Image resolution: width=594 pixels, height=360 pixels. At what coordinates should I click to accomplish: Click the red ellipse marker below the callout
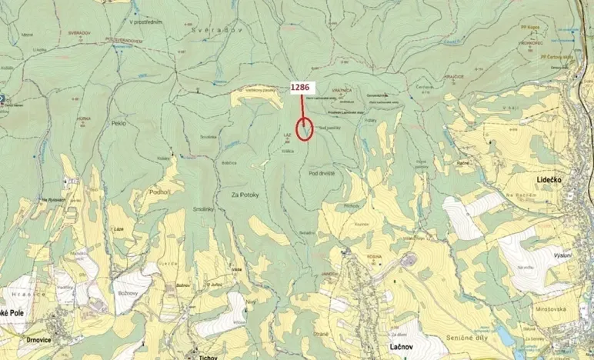click(x=305, y=128)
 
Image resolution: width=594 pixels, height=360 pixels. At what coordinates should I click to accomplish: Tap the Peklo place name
click(x=118, y=123)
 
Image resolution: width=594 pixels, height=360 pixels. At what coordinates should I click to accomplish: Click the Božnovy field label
click(x=126, y=293)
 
